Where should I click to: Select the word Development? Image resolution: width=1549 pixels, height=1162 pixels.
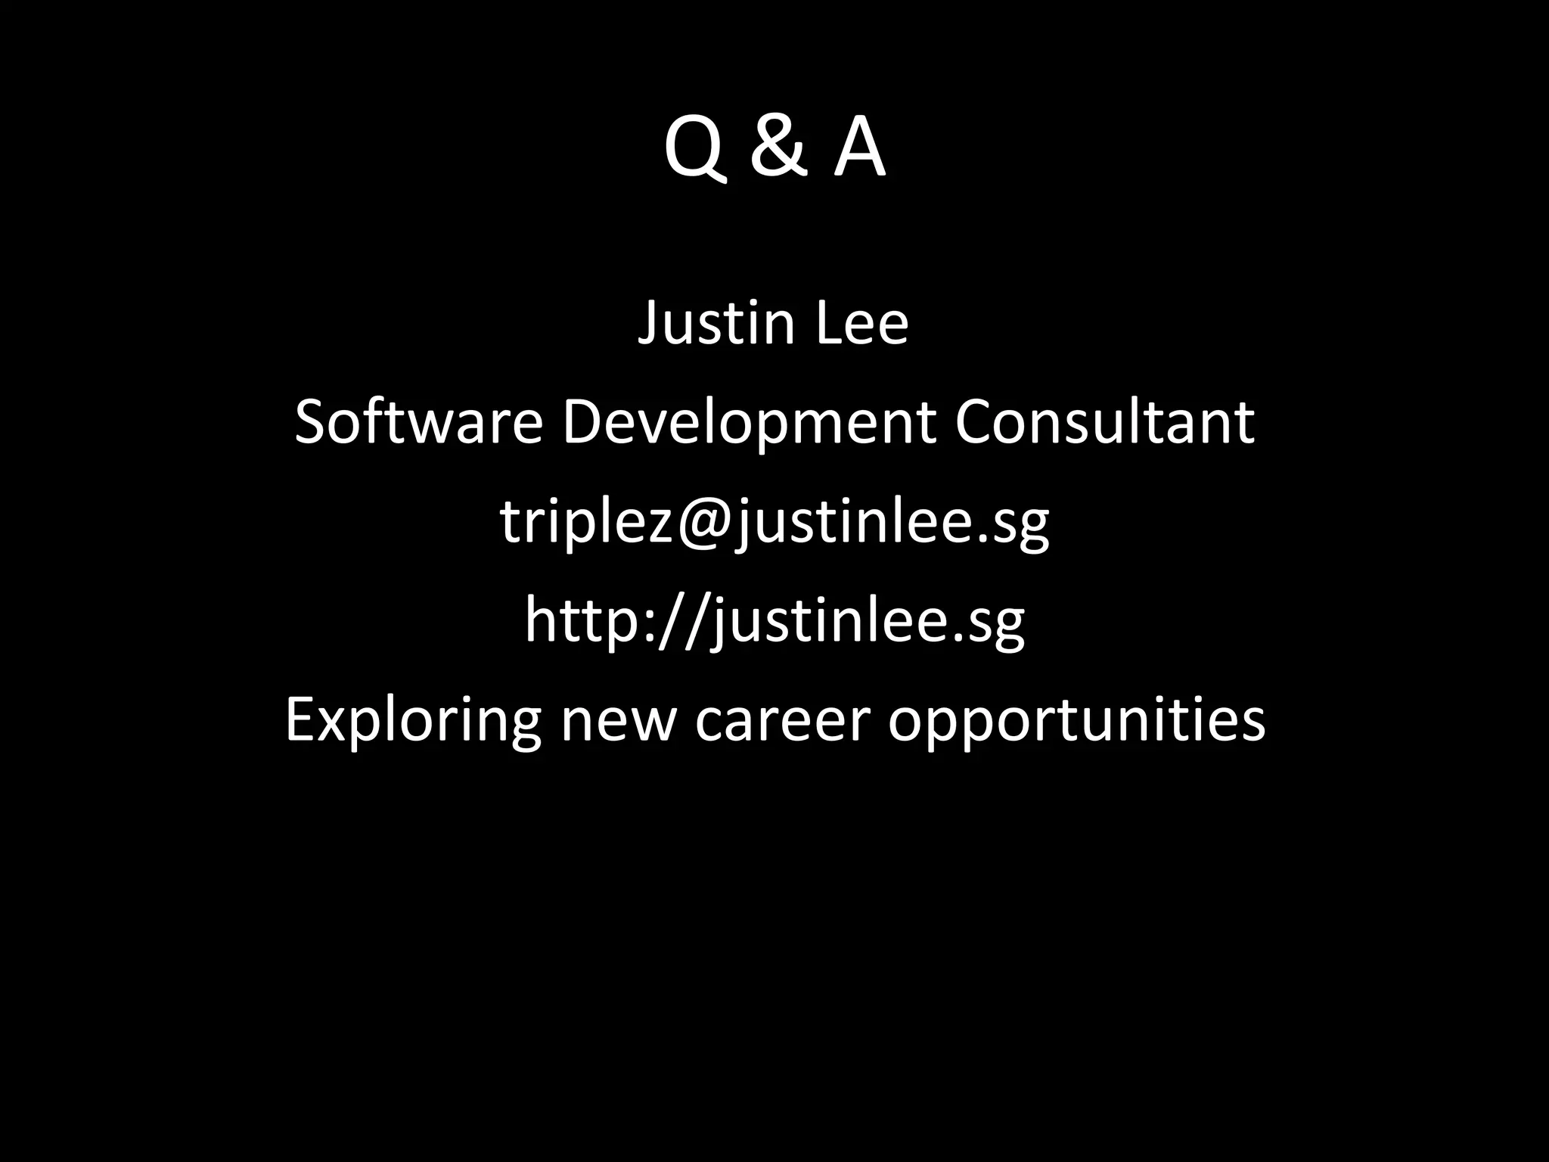(x=749, y=424)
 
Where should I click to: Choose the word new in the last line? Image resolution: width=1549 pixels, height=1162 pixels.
(x=618, y=720)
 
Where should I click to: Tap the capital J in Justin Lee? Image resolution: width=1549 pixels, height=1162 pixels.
(x=649, y=324)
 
